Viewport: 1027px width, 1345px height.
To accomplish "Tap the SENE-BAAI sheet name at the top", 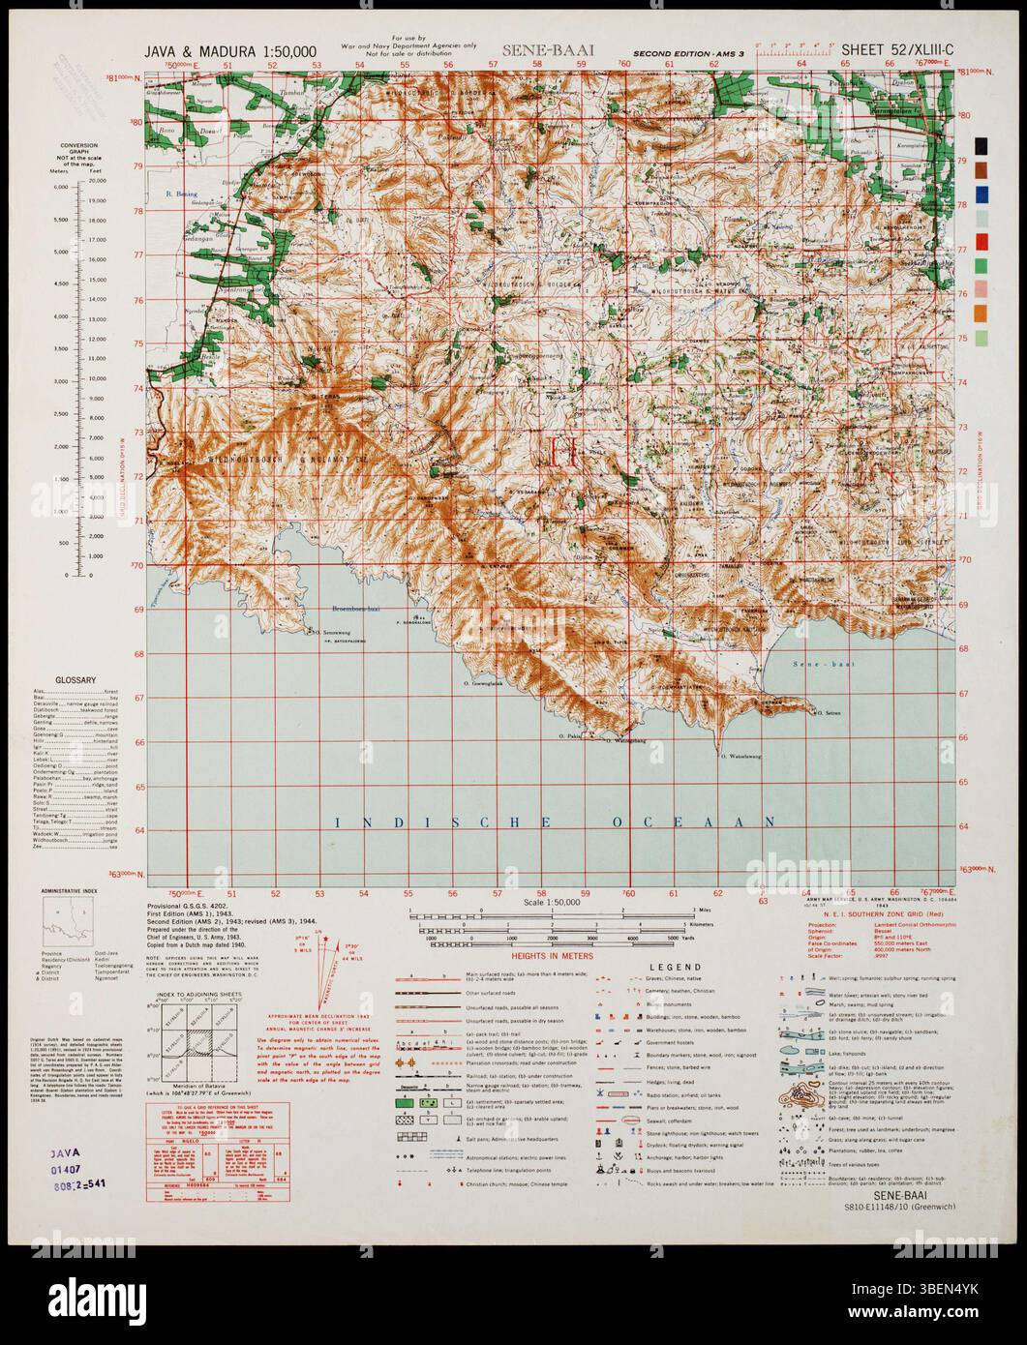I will coord(547,50).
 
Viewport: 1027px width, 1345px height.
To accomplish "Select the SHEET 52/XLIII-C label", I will coord(898,50).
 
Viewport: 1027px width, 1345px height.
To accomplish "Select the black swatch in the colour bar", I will coord(982,145).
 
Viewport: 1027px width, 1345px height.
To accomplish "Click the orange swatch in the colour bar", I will coord(982,312).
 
